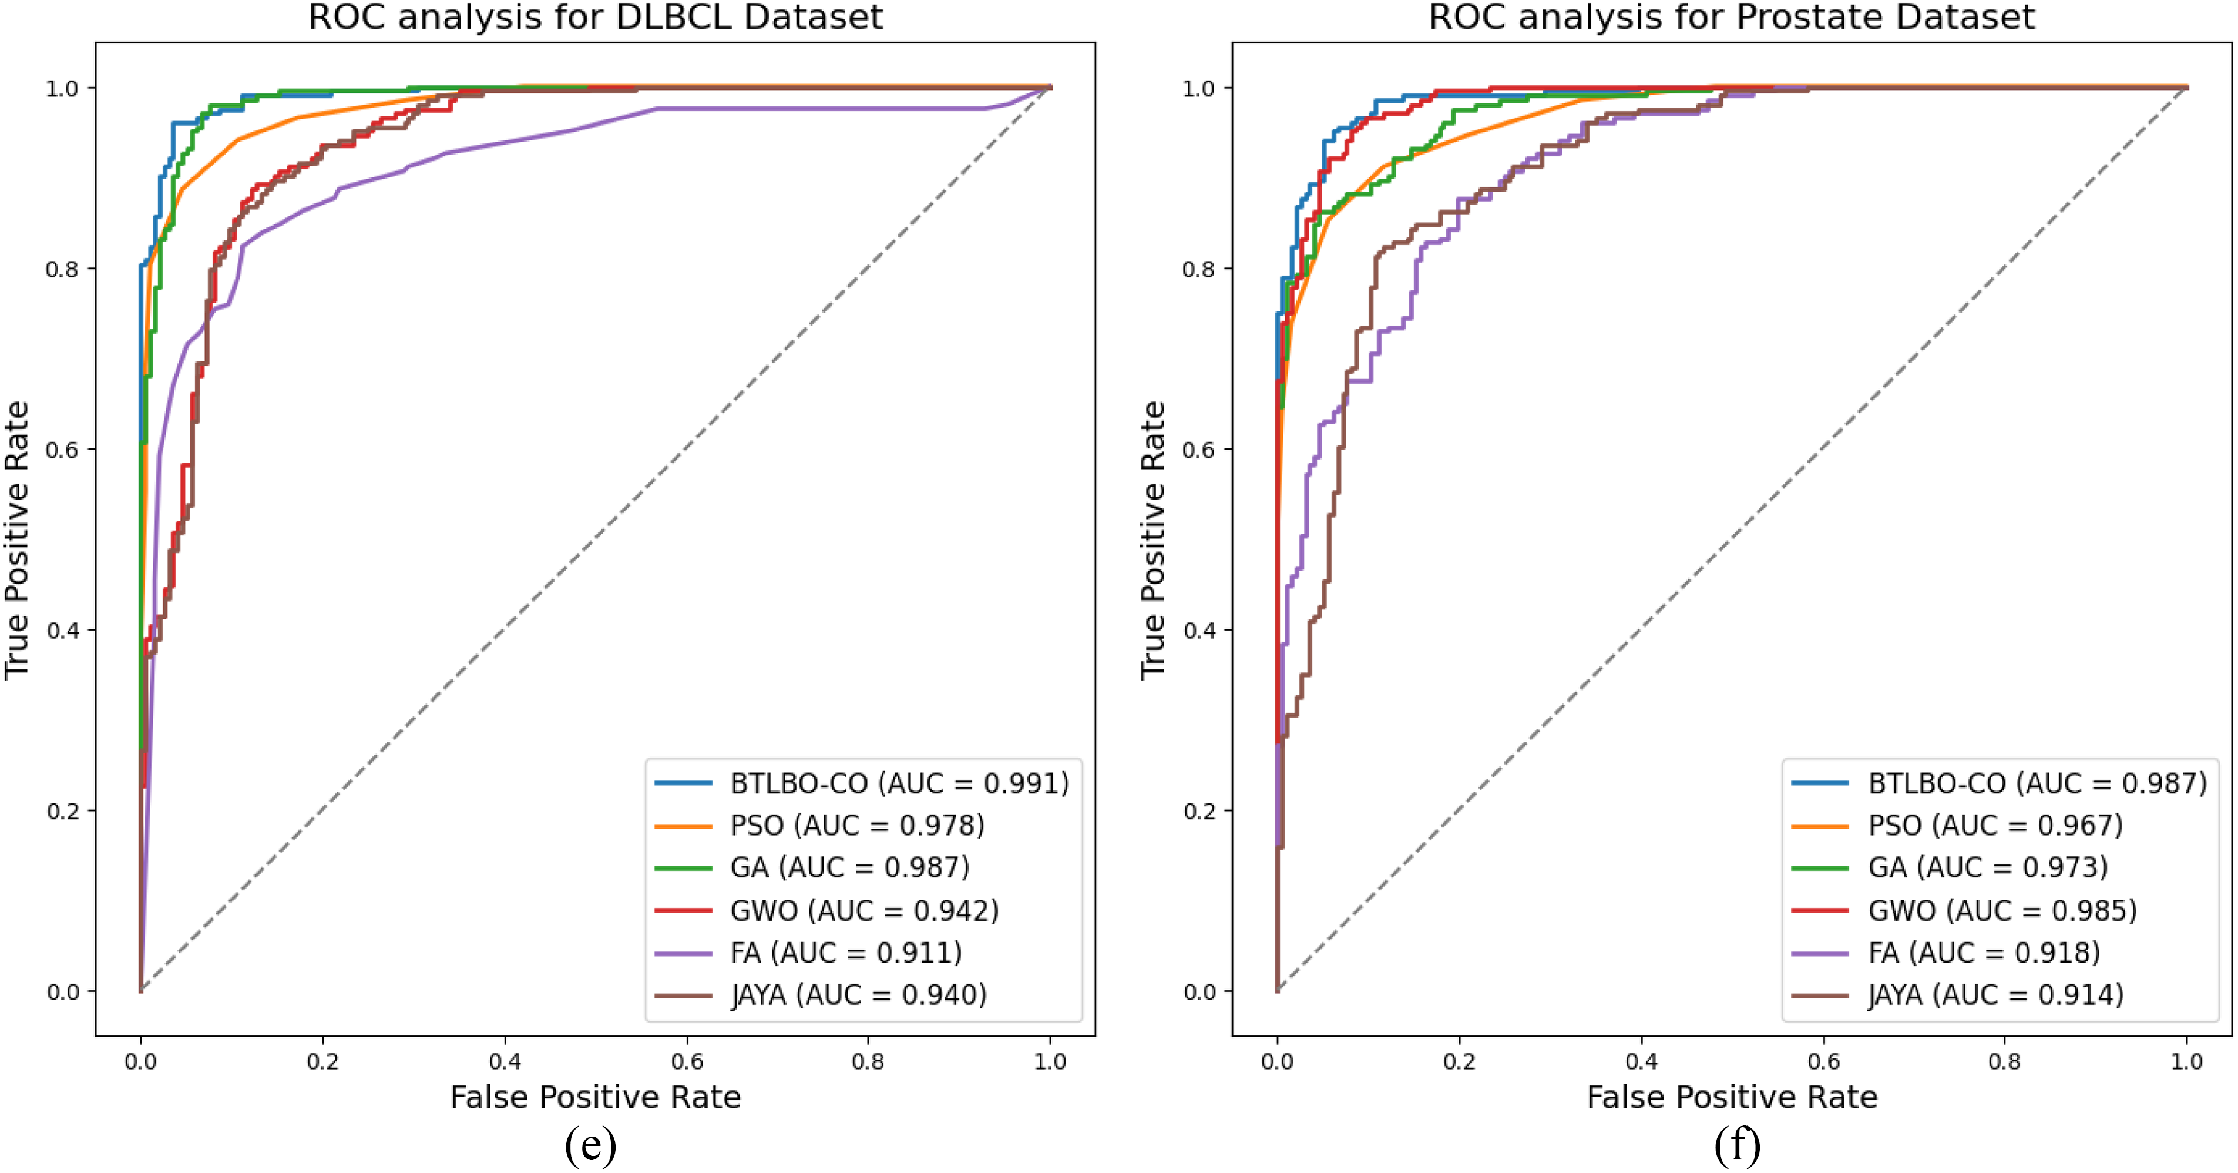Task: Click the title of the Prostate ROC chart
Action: tap(1732, 18)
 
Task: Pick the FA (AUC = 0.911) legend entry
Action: tap(845, 953)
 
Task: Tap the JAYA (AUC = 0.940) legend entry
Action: tap(858, 995)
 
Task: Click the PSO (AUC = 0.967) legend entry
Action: tap(1995, 826)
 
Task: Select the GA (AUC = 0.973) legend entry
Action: tap(1988, 867)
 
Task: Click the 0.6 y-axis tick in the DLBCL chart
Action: tap(62, 449)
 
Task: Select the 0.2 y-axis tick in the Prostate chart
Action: tap(1199, 810)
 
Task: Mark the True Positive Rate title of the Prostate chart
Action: tap(1153, 539)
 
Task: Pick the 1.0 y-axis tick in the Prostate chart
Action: tap(1199, 89)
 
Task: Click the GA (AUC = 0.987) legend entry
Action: tap(849, 867)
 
